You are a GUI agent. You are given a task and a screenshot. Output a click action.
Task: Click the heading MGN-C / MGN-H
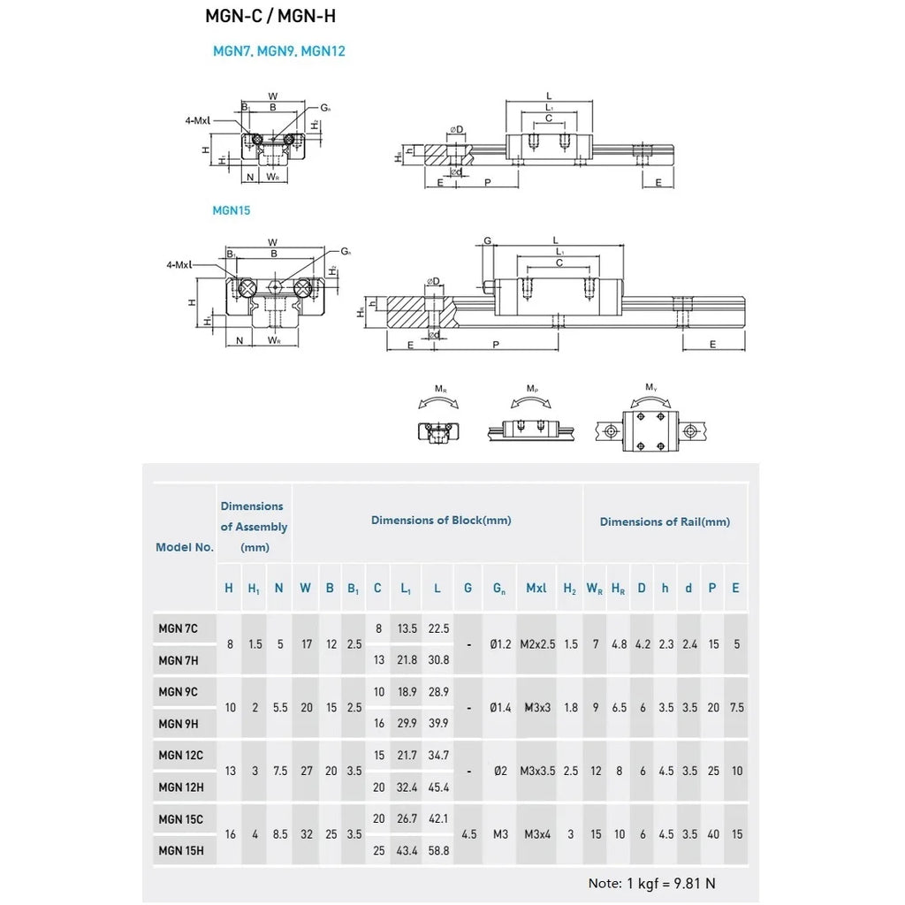(x=270, y=17)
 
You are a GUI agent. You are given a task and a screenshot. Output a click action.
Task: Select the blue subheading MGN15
(x=231, y=210)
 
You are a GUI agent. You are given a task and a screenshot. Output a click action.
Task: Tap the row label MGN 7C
(x=178, y=628)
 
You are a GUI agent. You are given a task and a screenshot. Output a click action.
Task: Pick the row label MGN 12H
(x=180, y=787)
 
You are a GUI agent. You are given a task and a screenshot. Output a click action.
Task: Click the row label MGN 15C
(x=180, y=819)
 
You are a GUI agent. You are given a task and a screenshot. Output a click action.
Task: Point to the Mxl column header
(x=536, y=588)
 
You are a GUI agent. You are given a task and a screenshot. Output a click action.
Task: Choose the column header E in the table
(x=735, y=588)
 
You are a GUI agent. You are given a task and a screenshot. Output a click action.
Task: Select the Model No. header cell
(x=185, y=547)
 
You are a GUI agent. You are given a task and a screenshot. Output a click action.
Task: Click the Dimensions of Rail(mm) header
(x=665, y=521)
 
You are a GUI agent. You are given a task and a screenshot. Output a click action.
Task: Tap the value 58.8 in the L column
(x=437, y=850)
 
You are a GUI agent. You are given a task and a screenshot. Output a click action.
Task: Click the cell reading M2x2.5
(x=536, y=644)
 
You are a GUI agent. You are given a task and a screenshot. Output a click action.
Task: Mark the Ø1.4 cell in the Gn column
(x=500, y=707)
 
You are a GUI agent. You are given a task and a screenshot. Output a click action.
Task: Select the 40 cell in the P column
(x=713, y=834)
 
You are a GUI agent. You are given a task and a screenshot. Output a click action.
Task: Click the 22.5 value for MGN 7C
(x=437, y=628)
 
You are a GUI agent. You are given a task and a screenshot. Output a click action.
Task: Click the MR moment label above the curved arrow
(x=439, y=389)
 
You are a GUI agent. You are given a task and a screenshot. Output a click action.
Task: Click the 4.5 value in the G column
(x=468, y=834)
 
